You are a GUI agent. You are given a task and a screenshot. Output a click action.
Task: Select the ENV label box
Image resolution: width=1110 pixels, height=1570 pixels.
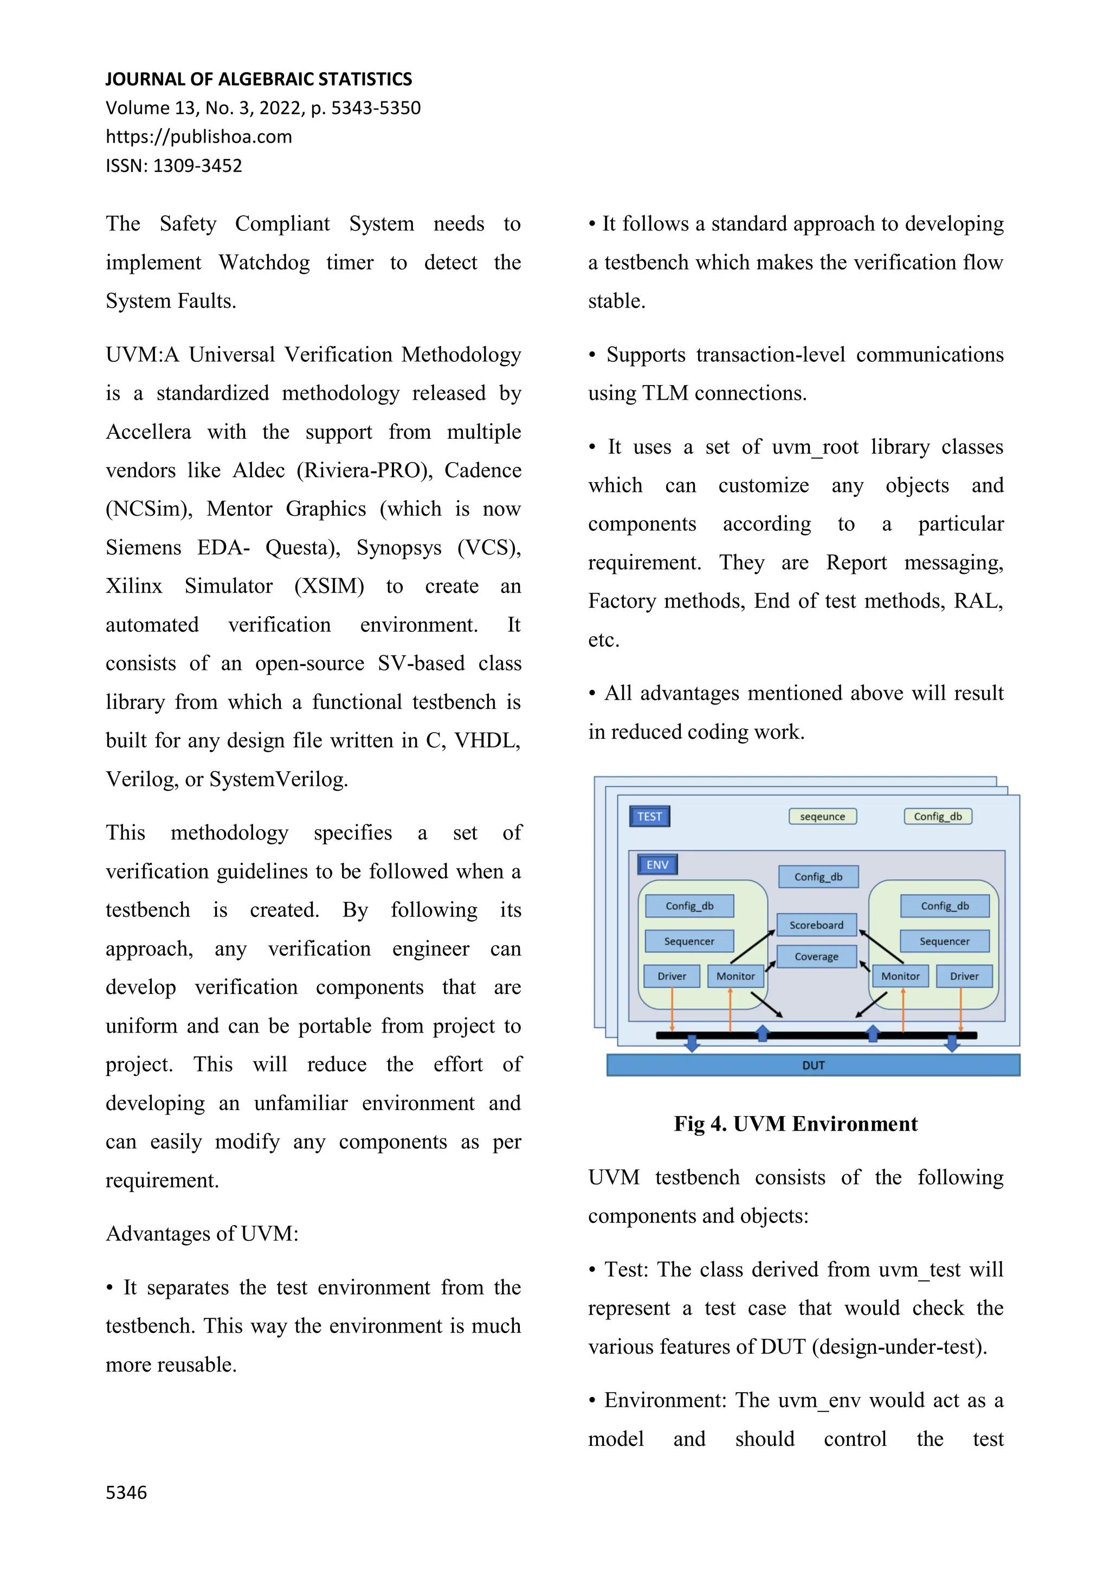(657, 864)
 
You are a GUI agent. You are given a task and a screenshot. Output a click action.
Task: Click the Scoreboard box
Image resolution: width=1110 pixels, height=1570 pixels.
(816, 925)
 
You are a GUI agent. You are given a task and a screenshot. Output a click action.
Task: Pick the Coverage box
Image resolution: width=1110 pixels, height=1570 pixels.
(816, 956)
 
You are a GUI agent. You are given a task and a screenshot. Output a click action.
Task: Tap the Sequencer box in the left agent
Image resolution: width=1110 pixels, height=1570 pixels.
(689, 941)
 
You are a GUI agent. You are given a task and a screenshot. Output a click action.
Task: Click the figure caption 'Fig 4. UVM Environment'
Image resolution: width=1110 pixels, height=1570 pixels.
(795, 1124)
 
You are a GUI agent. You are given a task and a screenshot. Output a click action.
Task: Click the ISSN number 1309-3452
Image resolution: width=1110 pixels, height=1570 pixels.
(197, 165)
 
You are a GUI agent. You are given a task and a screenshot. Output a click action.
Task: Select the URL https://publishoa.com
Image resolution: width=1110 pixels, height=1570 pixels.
(199, 137)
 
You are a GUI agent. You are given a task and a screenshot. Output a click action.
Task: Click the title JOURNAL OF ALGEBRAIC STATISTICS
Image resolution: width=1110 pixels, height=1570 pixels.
(259, 79)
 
